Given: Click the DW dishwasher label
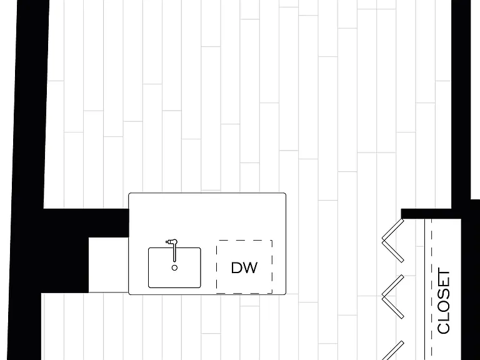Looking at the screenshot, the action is [244, 268].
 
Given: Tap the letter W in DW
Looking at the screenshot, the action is [251, 268].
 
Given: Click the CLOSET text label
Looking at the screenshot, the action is [444, 301].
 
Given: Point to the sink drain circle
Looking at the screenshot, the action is [174, 268].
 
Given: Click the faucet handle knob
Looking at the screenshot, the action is [167, 242].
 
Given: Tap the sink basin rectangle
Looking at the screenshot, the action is [174, 268].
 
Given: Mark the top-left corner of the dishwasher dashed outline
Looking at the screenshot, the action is [217, 241].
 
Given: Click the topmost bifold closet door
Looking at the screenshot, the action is [393, 240].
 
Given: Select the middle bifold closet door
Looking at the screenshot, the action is [393, 297].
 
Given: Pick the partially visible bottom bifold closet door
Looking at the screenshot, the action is [393, 351].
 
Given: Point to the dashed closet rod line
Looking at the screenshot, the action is [432, 289].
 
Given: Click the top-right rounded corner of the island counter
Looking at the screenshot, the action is [284, 194].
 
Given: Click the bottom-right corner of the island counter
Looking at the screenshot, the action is [284, 293].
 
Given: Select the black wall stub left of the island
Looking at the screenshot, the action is [86, 223].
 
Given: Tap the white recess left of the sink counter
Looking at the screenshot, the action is [108, 265].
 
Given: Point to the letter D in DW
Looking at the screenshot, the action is [237, 268].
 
